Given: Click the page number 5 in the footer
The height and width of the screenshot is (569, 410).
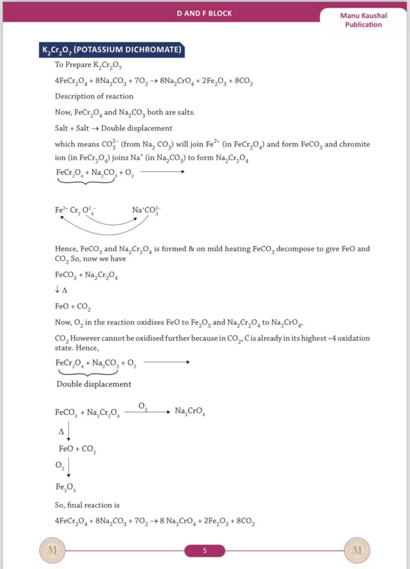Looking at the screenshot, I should (205, 551).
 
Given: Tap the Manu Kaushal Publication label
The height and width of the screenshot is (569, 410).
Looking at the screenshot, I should (363, 20).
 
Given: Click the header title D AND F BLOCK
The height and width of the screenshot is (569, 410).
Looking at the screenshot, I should (204, 13).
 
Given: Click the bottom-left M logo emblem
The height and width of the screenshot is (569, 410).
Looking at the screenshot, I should (52, 551).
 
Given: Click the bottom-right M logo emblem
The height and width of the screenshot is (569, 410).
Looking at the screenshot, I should (357, 551).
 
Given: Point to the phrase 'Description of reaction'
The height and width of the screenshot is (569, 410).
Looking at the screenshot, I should (94, 96).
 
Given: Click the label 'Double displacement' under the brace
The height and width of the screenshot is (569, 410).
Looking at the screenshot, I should (94, 384).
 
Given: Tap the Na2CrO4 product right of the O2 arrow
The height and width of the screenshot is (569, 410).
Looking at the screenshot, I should (190, 412).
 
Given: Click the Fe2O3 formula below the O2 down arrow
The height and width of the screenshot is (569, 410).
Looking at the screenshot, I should (65, 487).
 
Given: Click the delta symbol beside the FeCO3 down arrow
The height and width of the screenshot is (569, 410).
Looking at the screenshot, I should (61, 431).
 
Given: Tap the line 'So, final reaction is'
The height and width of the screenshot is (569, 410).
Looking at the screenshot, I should (87, 505).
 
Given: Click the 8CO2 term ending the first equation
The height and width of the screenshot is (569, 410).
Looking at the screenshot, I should (245, 81).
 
